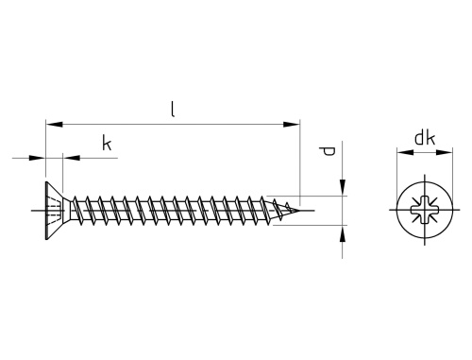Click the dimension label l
tap(172, 109)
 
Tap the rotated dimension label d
tap(327, 151)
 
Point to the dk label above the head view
tap(425, 138)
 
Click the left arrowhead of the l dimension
tap(54, 125)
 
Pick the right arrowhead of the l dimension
tap(292, 125)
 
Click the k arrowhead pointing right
tap(37, 158)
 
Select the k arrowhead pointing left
tap(72, 158)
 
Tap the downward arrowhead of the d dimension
tap(343, 187)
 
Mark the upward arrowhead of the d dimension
tap(343, 233)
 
